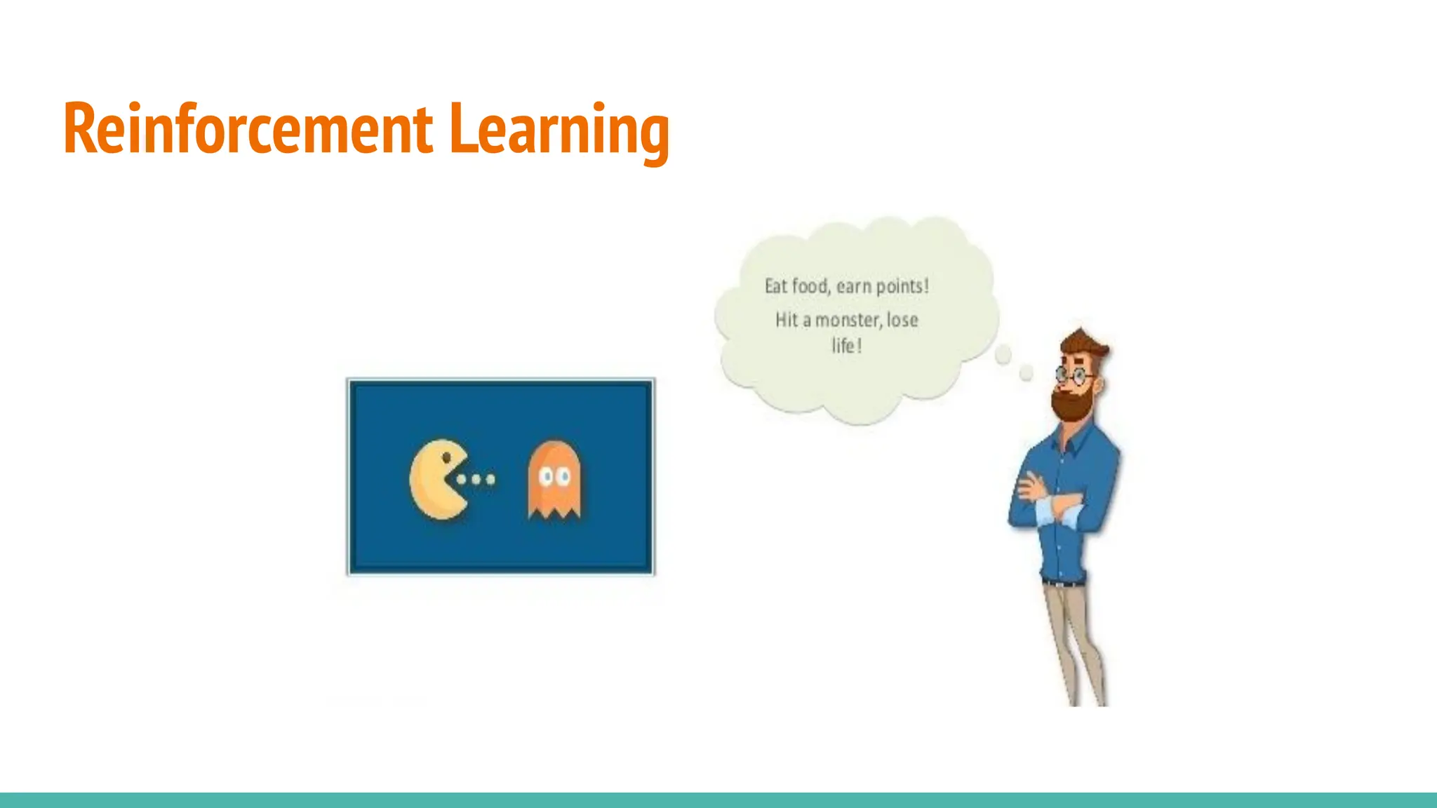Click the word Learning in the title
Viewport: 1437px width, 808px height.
559,130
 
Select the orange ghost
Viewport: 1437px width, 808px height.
554,480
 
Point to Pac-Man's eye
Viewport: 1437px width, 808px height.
446,458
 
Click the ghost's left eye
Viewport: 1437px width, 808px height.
545,477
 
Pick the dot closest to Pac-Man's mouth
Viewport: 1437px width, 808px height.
462,480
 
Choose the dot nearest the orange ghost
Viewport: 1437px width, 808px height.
491,480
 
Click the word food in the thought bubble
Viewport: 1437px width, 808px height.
810,286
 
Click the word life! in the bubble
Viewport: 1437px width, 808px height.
846,346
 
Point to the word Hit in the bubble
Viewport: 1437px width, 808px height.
787,321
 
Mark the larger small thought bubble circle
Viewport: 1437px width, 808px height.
1003,355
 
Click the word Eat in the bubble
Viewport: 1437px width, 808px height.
776,286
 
